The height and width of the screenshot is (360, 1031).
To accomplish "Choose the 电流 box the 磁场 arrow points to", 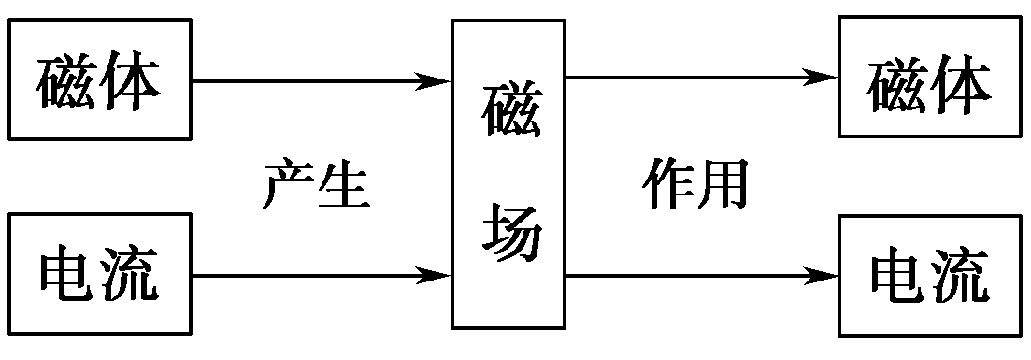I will [x=929, y=275].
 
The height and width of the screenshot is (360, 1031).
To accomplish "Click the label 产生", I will [x=317, y=184].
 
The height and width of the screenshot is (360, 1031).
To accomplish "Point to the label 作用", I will [x=696, y=184].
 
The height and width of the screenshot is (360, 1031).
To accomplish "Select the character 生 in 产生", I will [x=345, y=184].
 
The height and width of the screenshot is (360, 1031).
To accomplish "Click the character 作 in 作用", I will [x=668, y=184].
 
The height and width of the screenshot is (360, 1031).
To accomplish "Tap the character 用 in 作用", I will [x=725, y=184].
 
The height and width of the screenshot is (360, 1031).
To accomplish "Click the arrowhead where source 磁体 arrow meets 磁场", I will [x=438, y=81].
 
